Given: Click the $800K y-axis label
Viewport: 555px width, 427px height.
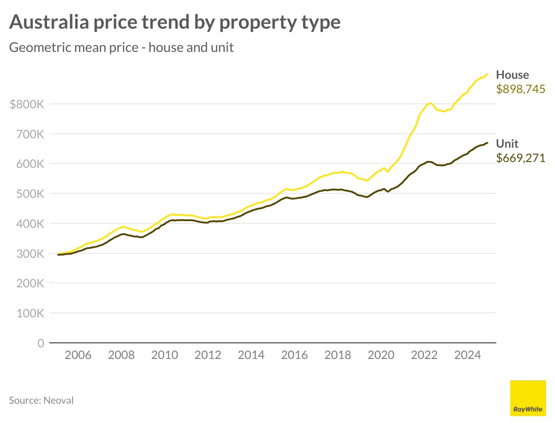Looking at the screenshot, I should [27, 104].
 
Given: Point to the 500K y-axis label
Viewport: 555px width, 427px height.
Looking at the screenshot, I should [30, 194].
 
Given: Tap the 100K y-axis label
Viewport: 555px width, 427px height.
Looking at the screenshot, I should [30, 313].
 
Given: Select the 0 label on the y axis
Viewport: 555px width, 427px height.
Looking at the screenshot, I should [41, 343].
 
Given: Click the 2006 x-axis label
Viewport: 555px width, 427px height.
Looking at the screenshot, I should [78, 355].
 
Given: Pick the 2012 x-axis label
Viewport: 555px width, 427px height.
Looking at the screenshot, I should [208, 355].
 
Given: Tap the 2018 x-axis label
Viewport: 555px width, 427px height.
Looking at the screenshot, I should [337, 355].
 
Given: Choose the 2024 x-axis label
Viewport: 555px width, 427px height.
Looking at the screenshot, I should [467, 355].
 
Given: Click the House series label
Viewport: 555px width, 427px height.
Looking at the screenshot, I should [512, 75].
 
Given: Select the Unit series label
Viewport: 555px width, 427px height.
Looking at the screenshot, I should [507, 144].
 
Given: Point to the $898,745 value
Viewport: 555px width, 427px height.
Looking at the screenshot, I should [521, 89].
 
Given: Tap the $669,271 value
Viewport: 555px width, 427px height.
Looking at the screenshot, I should [521, 158].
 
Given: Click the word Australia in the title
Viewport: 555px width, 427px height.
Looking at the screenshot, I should [49, 22].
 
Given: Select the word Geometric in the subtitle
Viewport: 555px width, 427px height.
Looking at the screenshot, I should [39, 47].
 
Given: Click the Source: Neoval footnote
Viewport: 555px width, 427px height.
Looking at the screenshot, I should [41, 401].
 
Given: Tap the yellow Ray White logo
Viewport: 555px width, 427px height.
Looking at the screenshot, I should [528, 398].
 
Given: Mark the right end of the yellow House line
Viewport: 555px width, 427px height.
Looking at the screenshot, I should [487, 74].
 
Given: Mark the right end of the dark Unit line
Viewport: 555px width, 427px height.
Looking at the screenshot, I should [487, 143].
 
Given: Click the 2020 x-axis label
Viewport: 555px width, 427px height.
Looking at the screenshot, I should [381, 355].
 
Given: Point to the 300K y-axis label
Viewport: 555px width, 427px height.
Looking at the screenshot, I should [30, 254].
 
